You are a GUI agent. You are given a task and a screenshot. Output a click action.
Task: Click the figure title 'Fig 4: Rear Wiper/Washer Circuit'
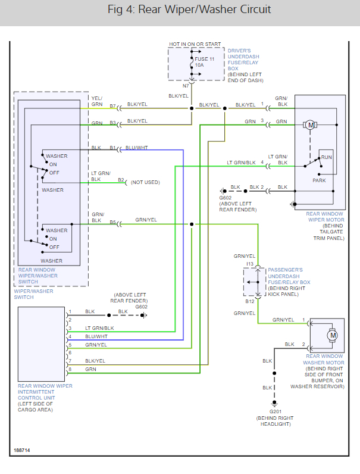pos(180,10)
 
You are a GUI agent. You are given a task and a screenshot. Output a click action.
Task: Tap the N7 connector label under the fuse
pos(185,86)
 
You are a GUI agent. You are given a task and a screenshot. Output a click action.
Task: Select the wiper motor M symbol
pos(310,124)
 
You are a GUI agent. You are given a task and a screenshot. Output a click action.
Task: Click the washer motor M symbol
pos(333,335)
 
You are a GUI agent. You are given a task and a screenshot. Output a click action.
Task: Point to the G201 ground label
pos(274,411)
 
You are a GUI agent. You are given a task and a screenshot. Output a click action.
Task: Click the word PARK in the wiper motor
pos(319,180)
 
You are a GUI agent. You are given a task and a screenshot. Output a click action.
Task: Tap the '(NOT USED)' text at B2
pos(145,182)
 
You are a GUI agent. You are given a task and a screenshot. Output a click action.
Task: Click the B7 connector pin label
pos(112,106)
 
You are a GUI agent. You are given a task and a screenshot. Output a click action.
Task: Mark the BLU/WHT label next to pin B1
pos(137,148)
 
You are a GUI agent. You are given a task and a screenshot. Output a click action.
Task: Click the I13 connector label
pos(250,263)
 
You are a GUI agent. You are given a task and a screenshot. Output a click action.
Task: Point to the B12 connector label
pos(251,301)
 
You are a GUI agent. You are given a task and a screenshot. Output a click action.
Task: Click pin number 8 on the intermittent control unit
pos(70,370)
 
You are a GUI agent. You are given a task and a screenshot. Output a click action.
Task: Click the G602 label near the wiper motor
pos(225,197)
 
